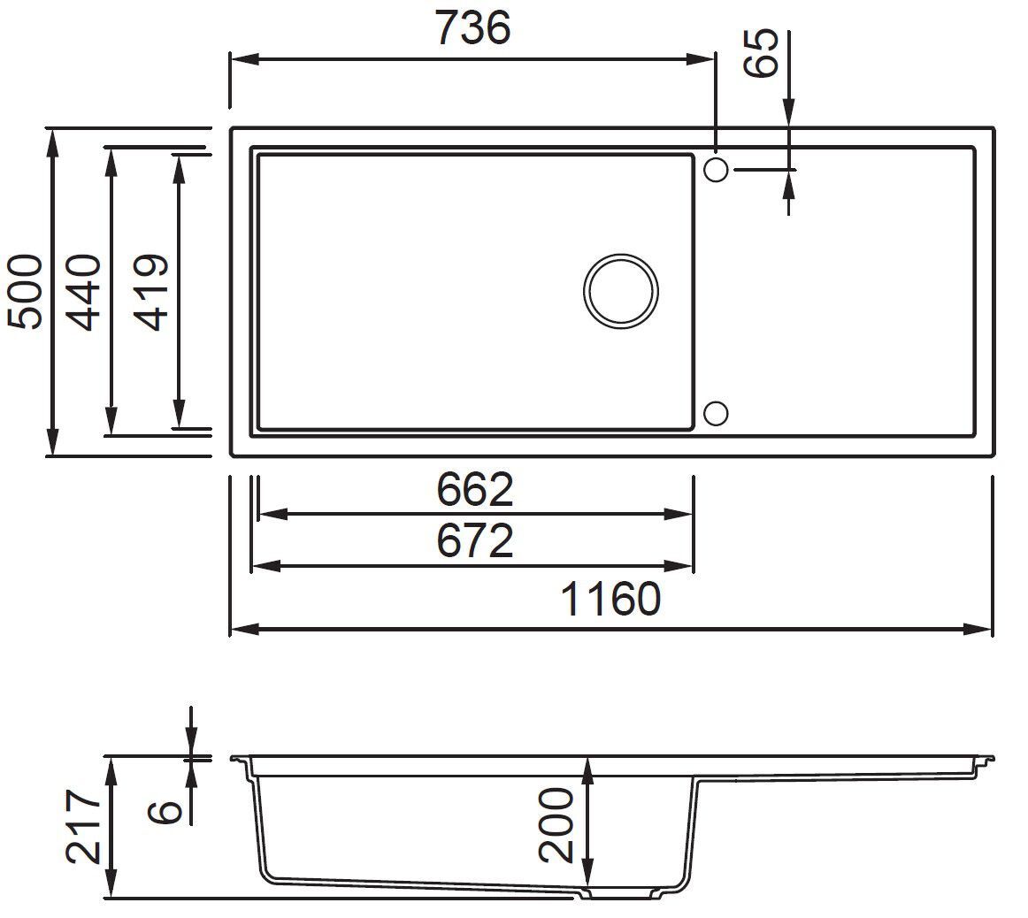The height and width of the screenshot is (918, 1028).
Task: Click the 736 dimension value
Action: [x=472, y=28]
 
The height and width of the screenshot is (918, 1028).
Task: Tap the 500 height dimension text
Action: [x=26, y=292]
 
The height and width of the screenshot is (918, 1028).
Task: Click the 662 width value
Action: [x=475, y=490]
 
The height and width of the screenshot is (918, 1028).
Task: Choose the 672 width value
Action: [x=475, y=541]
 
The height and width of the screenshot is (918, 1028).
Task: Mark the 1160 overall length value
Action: [x=611, y=601]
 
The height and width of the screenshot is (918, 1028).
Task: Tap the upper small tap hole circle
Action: [x=716, y=168]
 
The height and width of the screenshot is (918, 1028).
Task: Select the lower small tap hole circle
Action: [x=716, y=413]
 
